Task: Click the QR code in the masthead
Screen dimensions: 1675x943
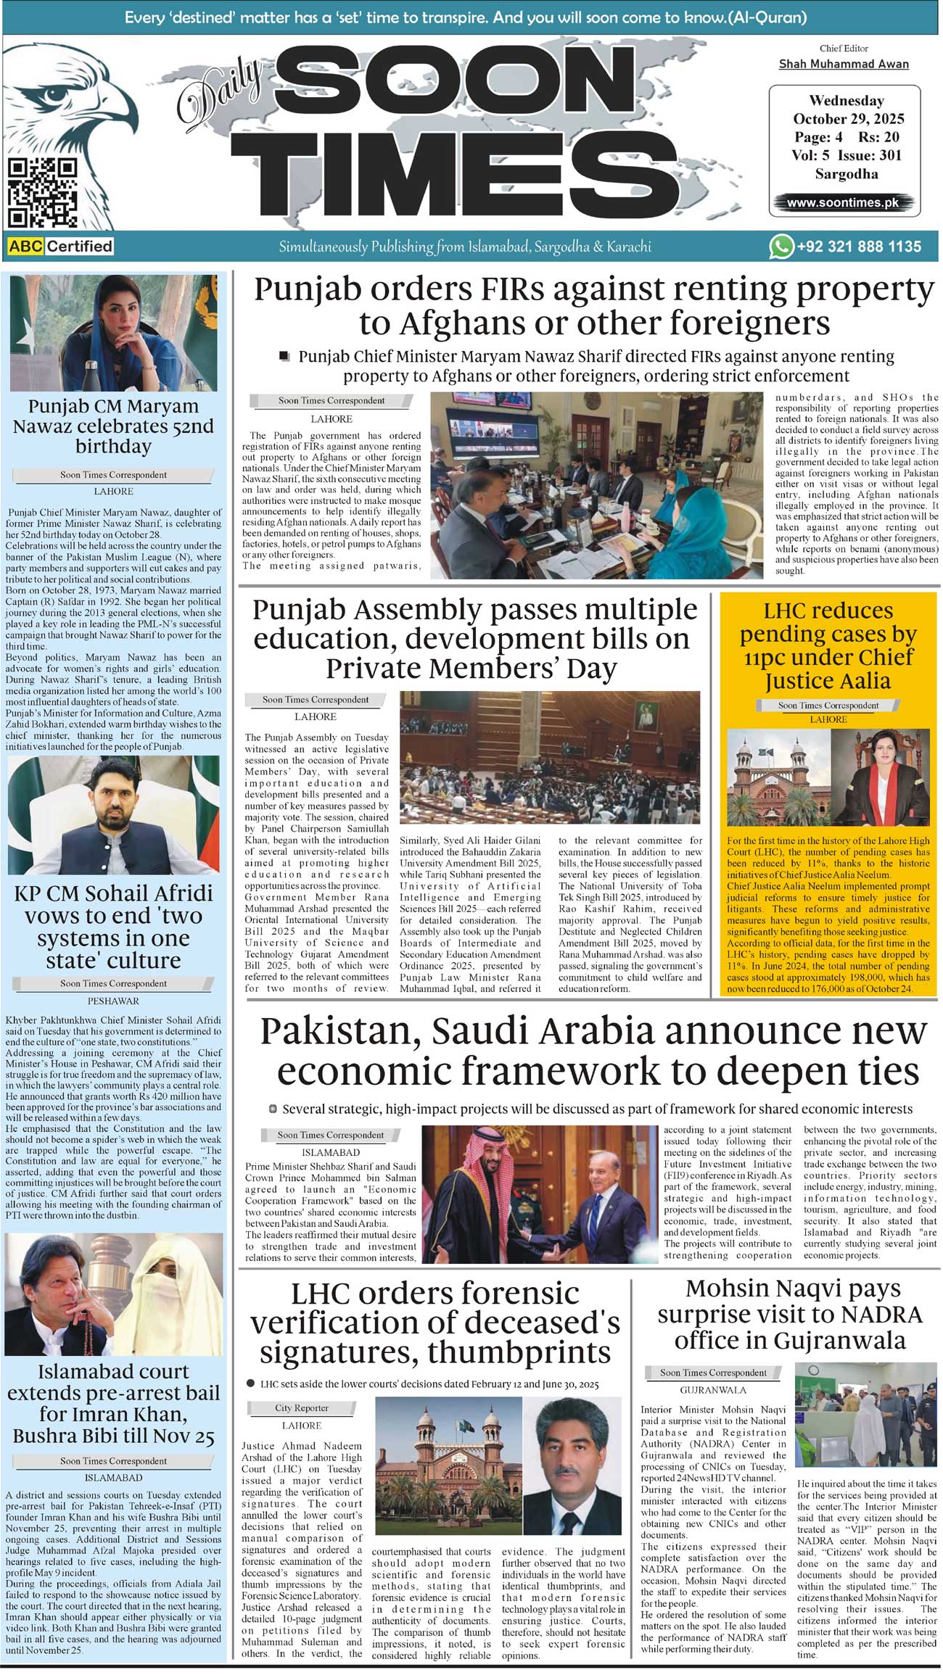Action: pos(41,192)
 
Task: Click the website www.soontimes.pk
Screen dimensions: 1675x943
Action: pos(843,203)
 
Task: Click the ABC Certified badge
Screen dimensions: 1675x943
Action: pos(61,247)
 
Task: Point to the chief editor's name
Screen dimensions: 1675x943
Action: pos(844,64)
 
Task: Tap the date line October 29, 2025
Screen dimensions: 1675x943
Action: pos(848,119)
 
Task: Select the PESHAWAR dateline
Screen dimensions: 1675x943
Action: pos(113,1001)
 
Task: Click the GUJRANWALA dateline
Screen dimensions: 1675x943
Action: pos(713,1390)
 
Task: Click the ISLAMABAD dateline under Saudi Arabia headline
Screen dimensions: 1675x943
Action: pos(330,1152)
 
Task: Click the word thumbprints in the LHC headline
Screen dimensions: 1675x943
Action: pos(519,1352)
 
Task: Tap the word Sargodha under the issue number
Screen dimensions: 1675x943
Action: pos(846,174)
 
